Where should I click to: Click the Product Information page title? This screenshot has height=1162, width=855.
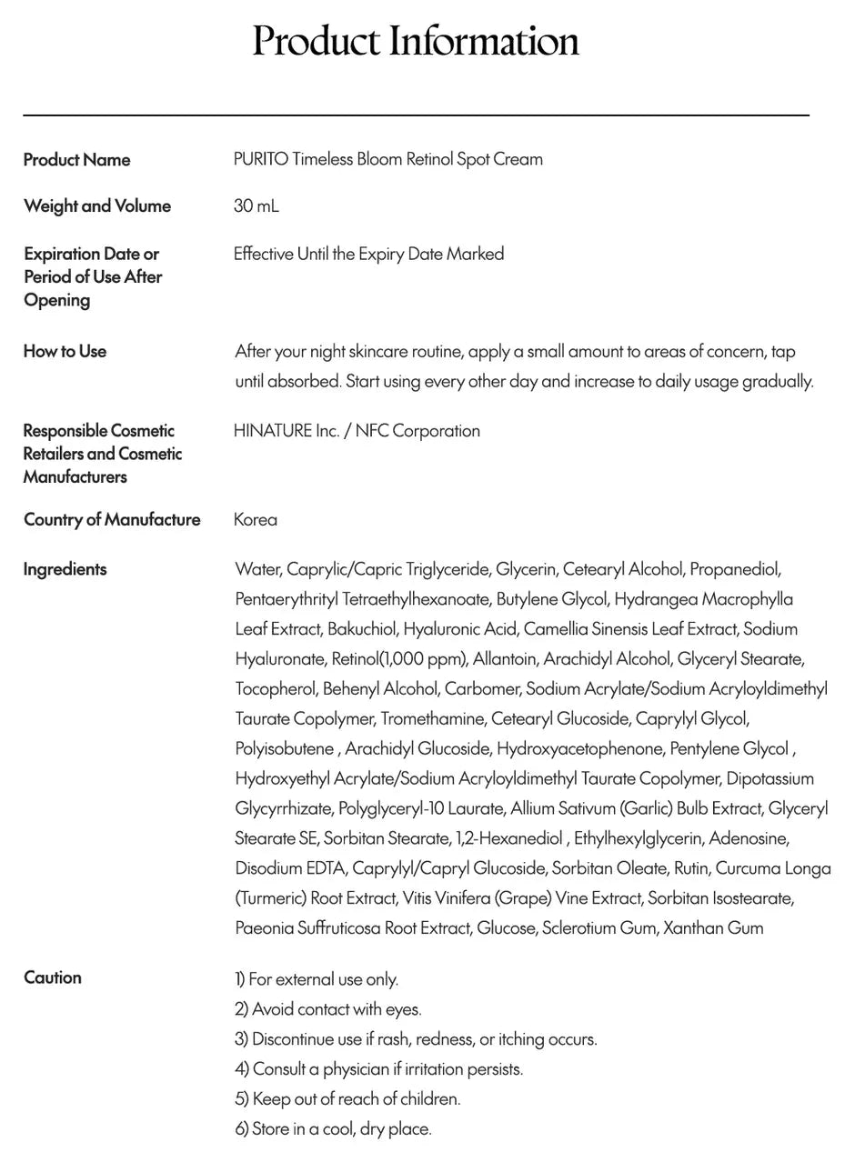(x=416, y=42)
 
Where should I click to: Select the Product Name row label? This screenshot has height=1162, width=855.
(x=76, y=160)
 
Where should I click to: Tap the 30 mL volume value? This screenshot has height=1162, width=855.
(x=256, y=205)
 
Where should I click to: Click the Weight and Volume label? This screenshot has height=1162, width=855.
(x=96, y=205)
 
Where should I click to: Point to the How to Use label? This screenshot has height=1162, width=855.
(x=65, y=351)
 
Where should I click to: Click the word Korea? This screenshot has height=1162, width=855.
(x=255, y=519)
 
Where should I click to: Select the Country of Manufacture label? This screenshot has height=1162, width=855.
(x=112, y=519)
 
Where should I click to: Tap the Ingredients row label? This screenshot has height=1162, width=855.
(x=65, y=569)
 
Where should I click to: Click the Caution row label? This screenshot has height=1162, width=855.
(x=52, y=977)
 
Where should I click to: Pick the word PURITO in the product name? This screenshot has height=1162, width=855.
(x=261, y=159)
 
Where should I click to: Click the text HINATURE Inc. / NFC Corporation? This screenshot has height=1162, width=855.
(x=357, y=431)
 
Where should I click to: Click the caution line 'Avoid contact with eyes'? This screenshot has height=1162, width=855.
(x=328, y=1009)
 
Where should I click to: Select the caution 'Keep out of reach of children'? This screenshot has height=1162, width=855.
(x=347, y=1098)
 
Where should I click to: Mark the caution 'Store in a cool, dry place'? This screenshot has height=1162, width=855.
(x=333, y=1128)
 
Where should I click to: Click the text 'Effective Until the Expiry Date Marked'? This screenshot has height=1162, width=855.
(x=368, y=254)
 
